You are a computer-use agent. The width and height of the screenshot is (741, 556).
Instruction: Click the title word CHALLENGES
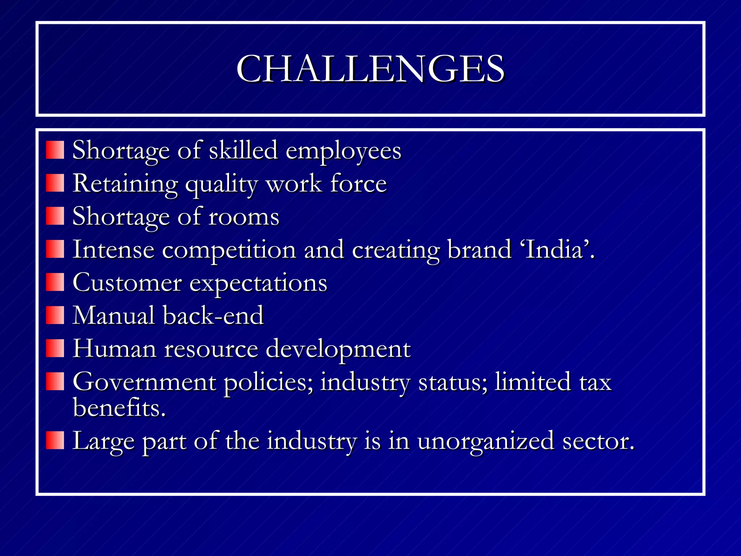point(370,69)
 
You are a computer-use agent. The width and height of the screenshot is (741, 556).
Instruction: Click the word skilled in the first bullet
point(243,150)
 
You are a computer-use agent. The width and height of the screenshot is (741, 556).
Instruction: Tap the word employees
point(343,151)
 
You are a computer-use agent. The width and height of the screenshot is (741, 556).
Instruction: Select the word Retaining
point(125,184)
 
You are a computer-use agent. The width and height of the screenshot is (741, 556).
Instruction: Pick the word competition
point(229,250)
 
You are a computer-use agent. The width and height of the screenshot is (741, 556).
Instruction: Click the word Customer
point(127,283)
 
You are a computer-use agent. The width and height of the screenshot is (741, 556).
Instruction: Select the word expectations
point(258,283)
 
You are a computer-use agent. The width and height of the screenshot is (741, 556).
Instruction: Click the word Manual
point(114,316)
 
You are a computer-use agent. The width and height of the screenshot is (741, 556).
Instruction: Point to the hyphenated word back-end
point(213,316)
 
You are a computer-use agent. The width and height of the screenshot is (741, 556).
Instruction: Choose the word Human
point(115,349)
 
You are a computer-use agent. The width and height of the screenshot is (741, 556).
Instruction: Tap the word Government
point(144,382)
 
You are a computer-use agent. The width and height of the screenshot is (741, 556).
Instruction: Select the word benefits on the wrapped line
point(119,408)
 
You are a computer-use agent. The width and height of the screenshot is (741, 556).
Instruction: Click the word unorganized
point(486,441)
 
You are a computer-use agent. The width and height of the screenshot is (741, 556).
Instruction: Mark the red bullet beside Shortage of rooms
point(55,216)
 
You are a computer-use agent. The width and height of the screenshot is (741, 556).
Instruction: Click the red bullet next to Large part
point(55,441)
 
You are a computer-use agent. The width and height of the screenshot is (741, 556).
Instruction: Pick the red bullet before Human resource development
point(55,348)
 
